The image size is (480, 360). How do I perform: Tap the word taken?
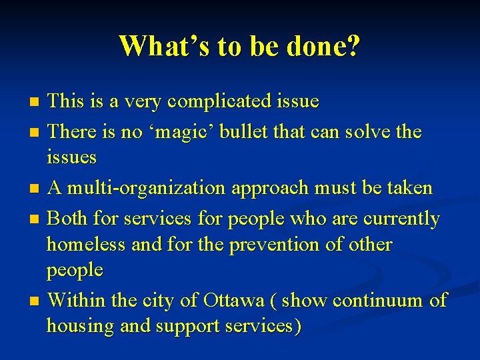407,189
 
